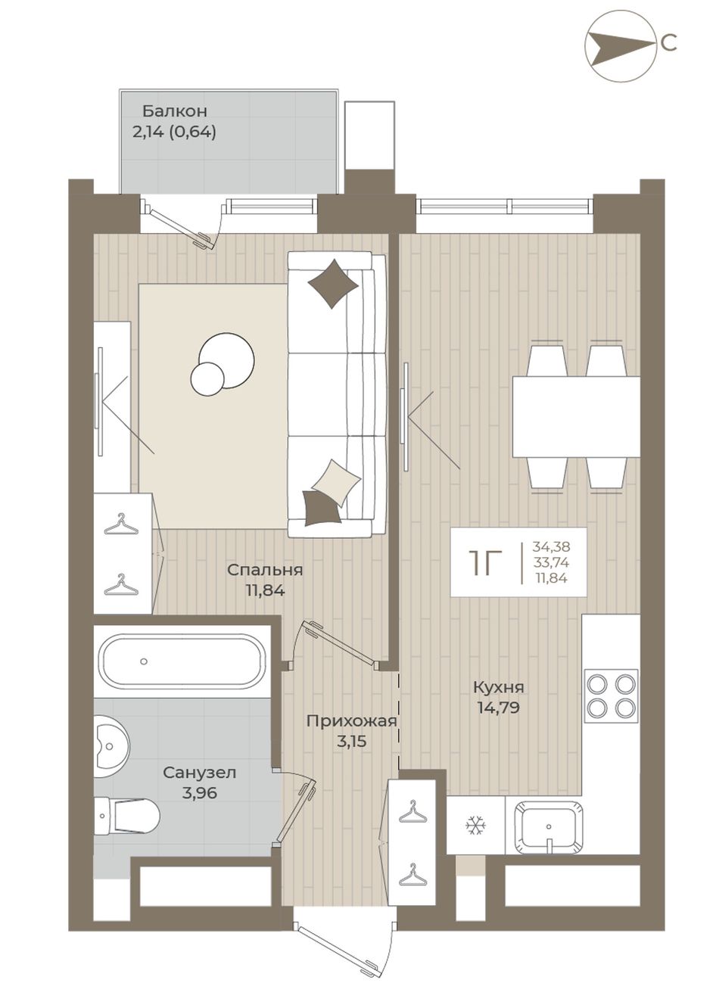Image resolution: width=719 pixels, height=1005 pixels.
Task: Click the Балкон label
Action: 175,110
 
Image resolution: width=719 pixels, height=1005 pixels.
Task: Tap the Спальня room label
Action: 265,570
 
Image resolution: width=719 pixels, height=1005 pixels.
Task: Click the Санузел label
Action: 199,773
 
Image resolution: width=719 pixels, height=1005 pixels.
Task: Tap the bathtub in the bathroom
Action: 182,661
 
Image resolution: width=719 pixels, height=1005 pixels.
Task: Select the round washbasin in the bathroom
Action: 112,747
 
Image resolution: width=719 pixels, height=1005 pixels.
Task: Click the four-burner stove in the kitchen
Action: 611,696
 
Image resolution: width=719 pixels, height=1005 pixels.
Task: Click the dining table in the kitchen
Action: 577,417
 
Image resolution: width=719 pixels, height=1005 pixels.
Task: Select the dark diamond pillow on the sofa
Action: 333,284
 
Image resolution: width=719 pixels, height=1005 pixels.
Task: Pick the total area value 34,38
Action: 551,546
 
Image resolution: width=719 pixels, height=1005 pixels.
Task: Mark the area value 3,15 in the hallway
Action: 352,741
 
